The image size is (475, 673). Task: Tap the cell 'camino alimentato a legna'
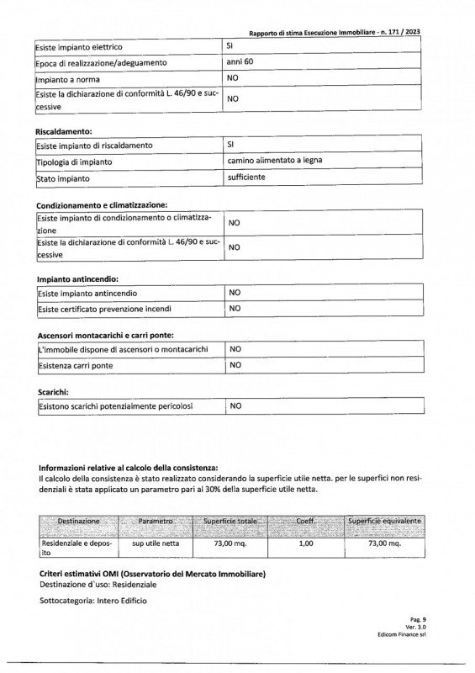pos(275,161)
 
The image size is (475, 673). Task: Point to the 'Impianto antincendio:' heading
pos(77,278)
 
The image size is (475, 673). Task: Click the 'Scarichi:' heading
pos(53,392)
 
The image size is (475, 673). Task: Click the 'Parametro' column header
pos(154,522)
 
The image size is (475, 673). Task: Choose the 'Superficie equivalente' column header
pos(385,522)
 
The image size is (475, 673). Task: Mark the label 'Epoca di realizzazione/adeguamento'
pos(102,63)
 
